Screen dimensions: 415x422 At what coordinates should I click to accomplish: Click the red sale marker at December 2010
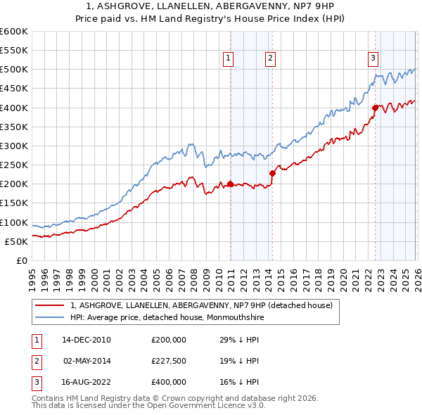click(x=230, y=184)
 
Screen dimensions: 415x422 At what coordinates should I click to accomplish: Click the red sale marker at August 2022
click(x=375, y=108)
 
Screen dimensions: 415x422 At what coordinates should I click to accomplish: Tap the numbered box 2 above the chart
click(x=270, y=59)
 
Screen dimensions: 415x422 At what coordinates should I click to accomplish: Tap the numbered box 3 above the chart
click(x=373, y=59)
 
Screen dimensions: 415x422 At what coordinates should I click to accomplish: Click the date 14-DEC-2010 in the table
click(x=87, y=340)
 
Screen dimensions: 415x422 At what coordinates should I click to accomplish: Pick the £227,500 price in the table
click(x=168, y=361)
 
